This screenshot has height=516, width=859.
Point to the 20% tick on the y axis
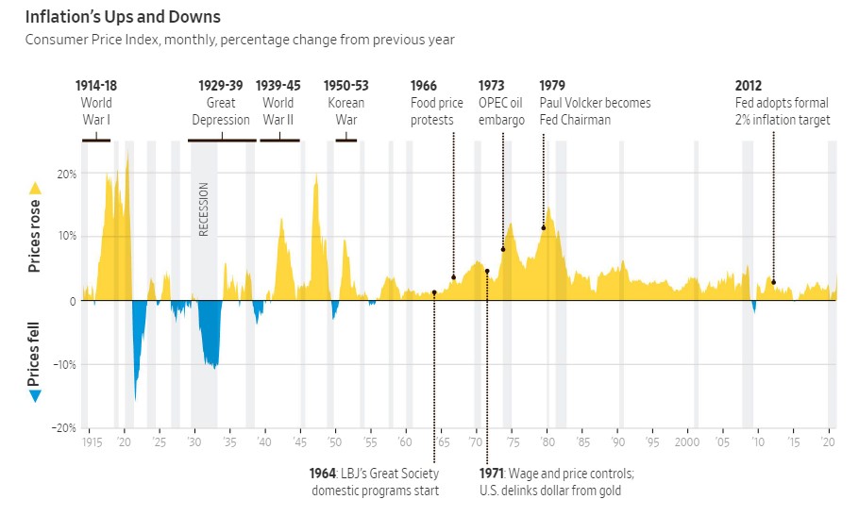(x=67, y=175)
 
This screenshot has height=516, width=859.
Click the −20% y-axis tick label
(x=64, y=426)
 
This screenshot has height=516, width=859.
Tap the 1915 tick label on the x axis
(x=92, y=441)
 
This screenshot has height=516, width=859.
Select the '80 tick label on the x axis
(x=547, y=441)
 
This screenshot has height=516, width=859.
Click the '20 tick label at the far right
(x=829, y=441)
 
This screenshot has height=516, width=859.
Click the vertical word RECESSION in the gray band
(x=203, y=208)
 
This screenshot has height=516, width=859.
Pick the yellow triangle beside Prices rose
(x=36, y=188)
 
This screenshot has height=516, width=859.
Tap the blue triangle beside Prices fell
(x=36, y=396)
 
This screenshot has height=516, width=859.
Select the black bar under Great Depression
(x=222, y=140)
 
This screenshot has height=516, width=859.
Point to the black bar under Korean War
(x=345, y=140)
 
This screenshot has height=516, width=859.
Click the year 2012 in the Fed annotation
(x=749, y=86)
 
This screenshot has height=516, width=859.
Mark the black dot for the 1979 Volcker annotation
(x=544, y=227)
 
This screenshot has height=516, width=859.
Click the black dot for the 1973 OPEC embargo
(x=503, y=249)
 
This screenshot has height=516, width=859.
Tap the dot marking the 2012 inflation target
(x=773, y=282)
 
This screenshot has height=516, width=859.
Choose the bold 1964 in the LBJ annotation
(x=324, y=474)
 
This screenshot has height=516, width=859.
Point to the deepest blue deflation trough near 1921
(x=136, y=398)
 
